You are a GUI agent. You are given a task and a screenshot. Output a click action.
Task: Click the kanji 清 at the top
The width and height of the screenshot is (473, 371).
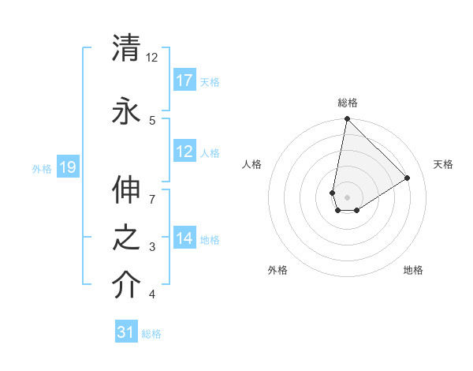coord(127,47)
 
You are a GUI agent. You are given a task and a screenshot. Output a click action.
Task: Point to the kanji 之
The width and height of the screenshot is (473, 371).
coord(127,239)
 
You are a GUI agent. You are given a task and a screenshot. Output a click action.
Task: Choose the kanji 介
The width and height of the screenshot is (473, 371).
coord(127,285)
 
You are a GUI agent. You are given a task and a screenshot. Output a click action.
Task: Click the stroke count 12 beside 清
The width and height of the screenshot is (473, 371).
coord(152,58)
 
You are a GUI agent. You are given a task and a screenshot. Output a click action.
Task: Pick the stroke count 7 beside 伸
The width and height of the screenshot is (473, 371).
coord(152,198)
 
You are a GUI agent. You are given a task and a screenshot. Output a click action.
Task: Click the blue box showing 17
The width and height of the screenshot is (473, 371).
coord(184,80)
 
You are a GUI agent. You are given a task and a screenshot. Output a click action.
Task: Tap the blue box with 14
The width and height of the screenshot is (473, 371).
coord(184,238)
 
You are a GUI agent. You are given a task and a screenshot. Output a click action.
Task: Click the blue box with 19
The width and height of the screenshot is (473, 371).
coord(68,167)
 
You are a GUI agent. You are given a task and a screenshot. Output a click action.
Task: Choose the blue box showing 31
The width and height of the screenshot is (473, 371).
coord(126,332)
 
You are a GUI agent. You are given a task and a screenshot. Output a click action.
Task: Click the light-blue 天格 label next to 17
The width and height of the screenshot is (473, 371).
coord(210,81)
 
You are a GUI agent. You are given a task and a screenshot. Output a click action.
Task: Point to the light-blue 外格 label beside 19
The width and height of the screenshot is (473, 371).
coord(42,168)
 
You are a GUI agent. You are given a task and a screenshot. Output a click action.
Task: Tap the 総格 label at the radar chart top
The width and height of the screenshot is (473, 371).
coord(348,103)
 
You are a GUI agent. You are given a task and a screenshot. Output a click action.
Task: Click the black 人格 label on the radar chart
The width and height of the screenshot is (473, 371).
coord(252,164)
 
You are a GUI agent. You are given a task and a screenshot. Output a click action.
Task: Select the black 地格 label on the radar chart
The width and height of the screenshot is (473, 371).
coord(413,270)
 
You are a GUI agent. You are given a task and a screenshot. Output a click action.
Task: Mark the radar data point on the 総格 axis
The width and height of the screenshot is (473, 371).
coord(347,120)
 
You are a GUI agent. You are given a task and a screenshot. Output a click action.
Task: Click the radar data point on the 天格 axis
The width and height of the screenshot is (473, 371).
coord(408,178)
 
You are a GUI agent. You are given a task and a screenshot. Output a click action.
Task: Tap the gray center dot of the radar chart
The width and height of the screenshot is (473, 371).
coord(347,197)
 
